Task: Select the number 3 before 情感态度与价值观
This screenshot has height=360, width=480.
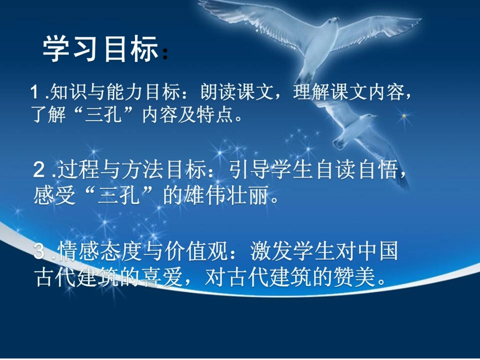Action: [x=39, y=251]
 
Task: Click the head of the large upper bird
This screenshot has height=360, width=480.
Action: [x=332, y=22]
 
